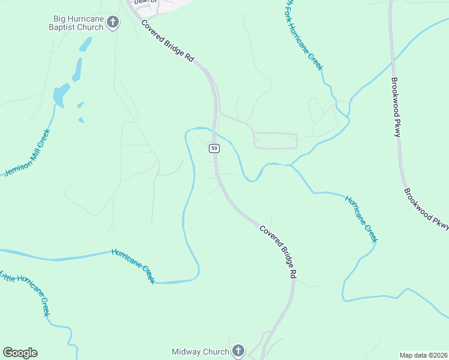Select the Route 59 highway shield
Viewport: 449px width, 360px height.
tap(214, 148)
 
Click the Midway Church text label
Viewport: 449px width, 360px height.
tap(200, 352)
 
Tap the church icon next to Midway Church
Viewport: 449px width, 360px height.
tap(238, 352)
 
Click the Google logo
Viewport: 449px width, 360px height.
tap(20, 352)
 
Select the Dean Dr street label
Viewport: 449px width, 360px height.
tap(145, 2)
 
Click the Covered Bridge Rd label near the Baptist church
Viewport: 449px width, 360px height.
tap(168, 41)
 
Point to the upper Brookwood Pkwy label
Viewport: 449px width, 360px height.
tap(396, 107)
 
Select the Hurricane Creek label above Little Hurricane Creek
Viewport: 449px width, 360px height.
tap(133, 265)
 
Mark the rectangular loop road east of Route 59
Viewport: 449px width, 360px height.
tap(276, 140)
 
